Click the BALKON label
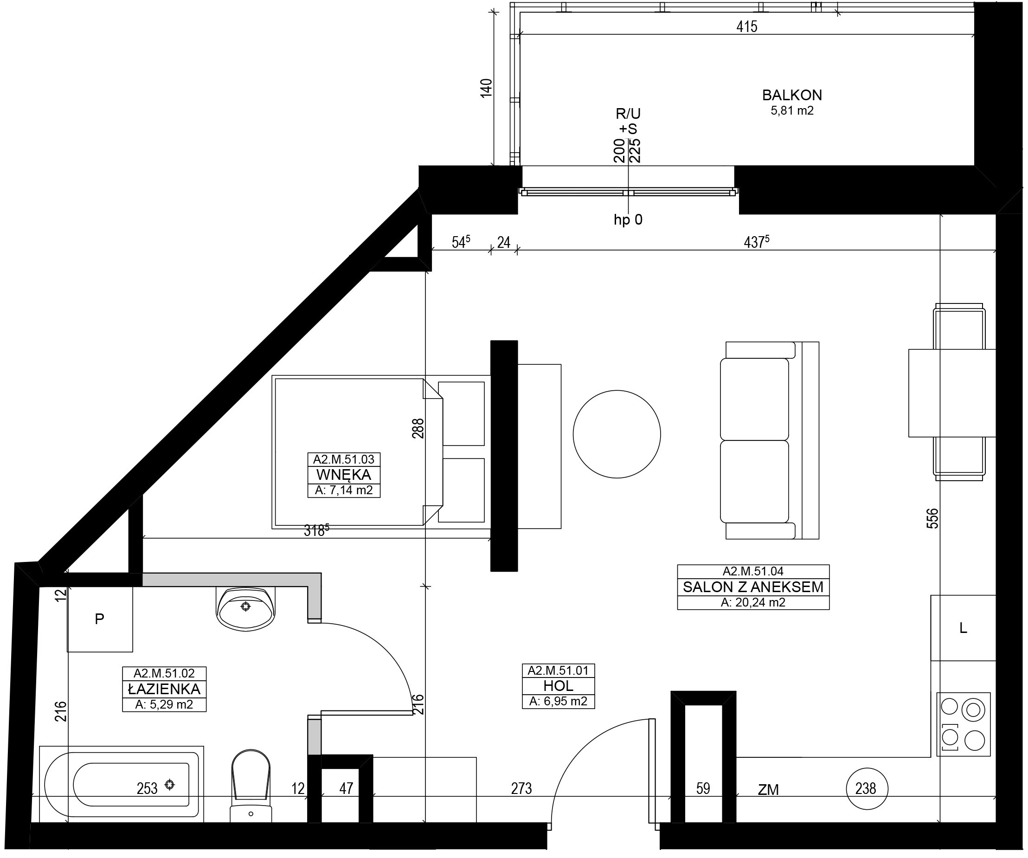pos(792,95)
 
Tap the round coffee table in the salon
pos(617,434)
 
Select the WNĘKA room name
pos(344,475)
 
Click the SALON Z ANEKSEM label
pos(753,587)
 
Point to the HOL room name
pos(558,686)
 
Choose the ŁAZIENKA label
pos(164,689)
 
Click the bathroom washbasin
pos(245,609)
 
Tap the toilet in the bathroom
pos(251,786)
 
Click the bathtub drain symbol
pos(169,785)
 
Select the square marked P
pos(100,619)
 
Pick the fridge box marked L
pos(963,628)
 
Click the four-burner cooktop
pos(964,724)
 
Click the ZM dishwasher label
pos(768,789)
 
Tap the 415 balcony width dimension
pos(747,26)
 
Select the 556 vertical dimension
pos(932,518)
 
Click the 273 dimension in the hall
pos(521,788)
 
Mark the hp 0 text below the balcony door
pos(628,220)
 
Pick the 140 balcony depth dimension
pos(486,88)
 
